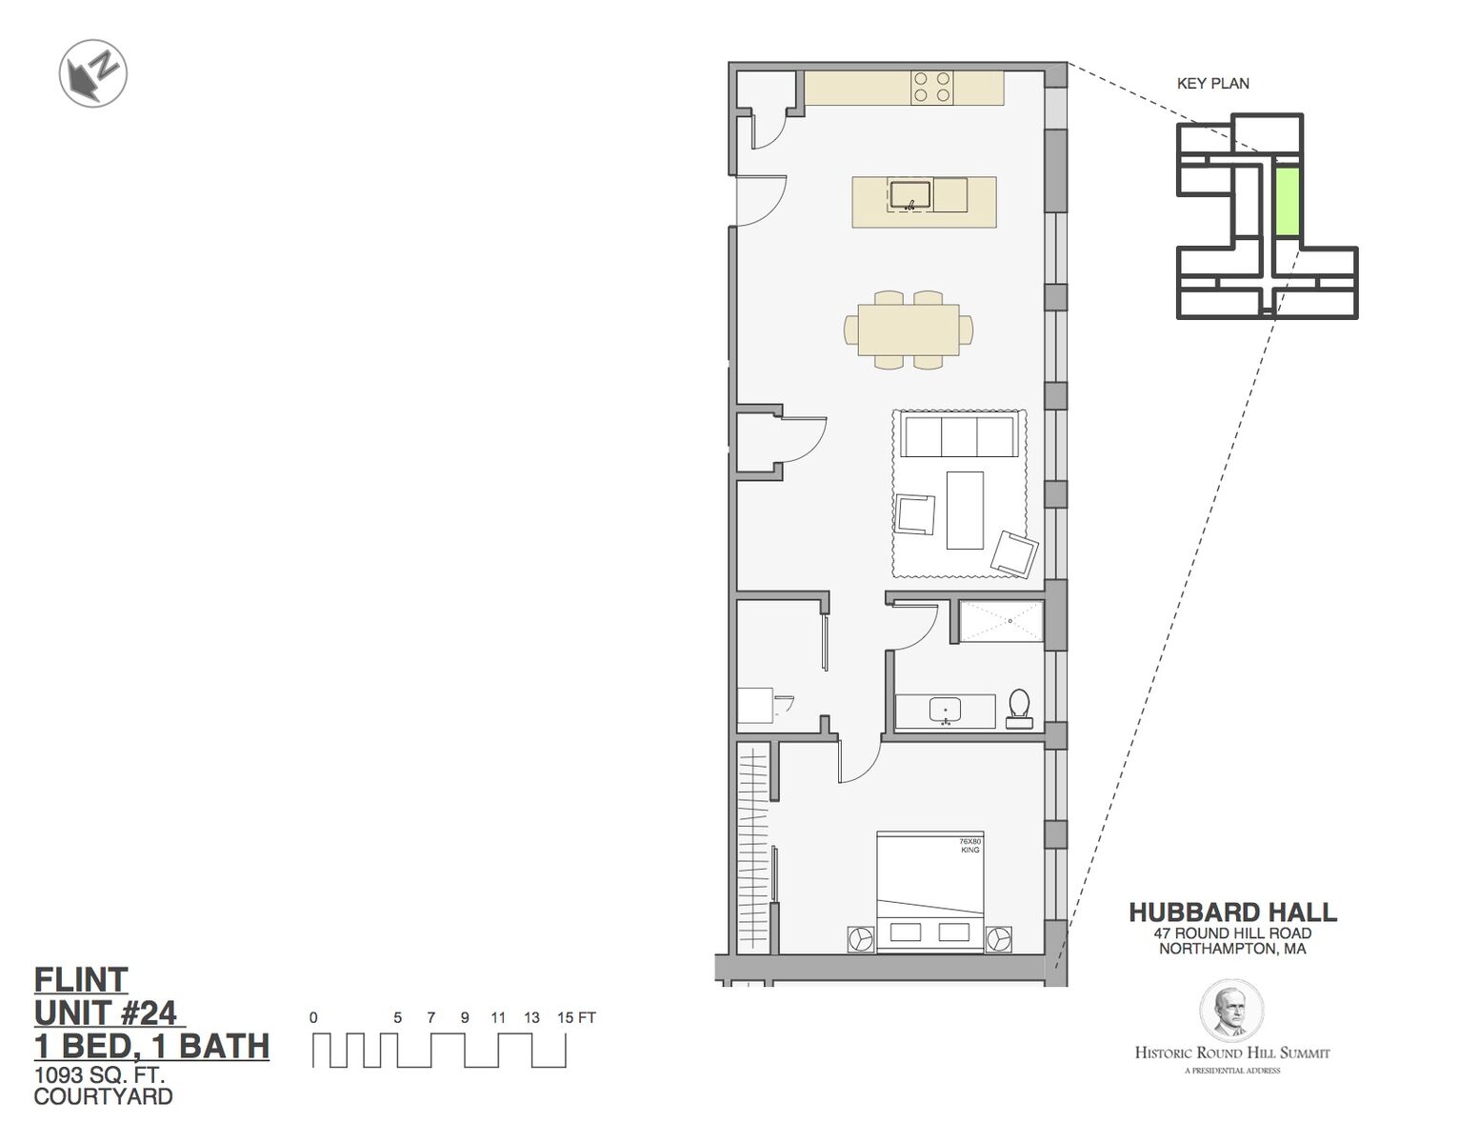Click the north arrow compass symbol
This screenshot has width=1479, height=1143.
pyautogui.click(x=93, y=72)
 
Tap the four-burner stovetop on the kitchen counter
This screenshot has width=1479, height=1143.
pyautogui.click(x=931, y=87)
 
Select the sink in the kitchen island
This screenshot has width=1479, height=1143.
pyautogui.click(x=910, y=195)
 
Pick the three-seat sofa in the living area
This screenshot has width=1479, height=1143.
pyautogui.click(x=959, y=435)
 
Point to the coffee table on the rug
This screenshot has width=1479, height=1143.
pyautogui.click(x=965, y=510)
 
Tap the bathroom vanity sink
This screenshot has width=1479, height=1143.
pyautogui.click(x=946, y=711)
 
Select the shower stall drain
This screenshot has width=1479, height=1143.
pyautogui.click(x=1010, y=621)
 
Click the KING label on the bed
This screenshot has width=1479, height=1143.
pyautogui.click(x=969, y=851)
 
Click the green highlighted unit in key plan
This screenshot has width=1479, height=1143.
pyautogui.click(x=1287, y=202)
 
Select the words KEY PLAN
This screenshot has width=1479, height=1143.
pyautogui.click(x=1213, y=84)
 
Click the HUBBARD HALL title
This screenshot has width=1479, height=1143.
pyautogui.click(x=1232, y=912)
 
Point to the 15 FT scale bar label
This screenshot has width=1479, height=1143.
pyautogui.click(x=576, y=1017)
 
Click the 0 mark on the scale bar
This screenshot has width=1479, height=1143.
pyautogui.click(x=313, y=1017)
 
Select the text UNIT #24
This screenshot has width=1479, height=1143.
pyautogui.click(x=106, y=1013)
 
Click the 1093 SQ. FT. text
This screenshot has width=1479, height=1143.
pyautogui.click(x=99, y=1075)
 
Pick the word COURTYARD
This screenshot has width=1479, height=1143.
pyautogui.click(x=104, y=1096)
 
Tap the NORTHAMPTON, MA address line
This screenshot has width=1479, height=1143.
pyautogui.click(x=1232, y=949)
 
